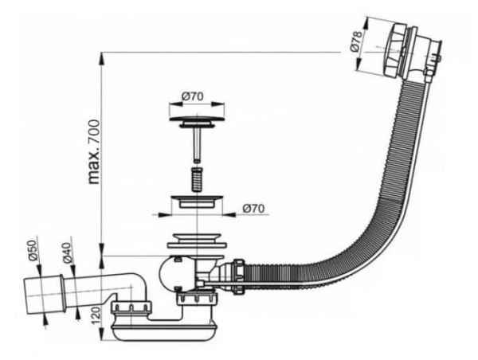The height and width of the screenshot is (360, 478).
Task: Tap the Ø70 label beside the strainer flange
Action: tap(253, 209)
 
